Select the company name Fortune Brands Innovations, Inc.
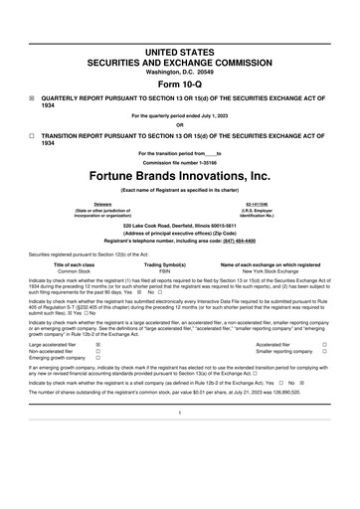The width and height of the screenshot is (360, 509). click(179, 173)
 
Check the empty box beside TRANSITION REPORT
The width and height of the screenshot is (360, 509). click(32, 133)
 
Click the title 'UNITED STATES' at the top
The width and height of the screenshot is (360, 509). click(179, 50)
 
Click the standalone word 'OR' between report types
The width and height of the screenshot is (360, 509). click(179, 123)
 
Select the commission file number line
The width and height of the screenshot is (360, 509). click(179, 161)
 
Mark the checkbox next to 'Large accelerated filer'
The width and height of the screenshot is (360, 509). click(97, 345)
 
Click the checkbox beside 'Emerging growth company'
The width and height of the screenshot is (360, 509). click(97, 359)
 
